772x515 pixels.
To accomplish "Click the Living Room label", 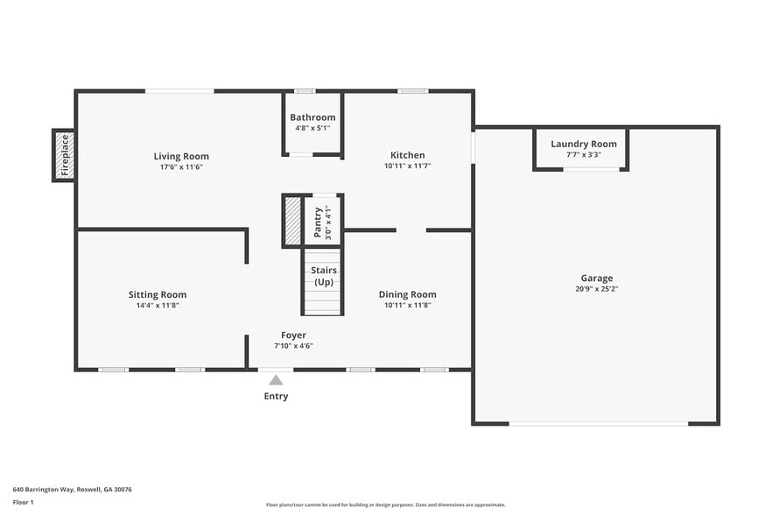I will [x=181, y=157].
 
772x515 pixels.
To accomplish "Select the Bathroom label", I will [x=312, y=117].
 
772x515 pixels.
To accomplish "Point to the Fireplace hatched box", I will [x=64, y=156].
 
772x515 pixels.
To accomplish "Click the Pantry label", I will [x=318, y=222].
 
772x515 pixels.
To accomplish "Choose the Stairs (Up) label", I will [x=324, y=276].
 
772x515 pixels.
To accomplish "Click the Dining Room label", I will [x=407, y=294].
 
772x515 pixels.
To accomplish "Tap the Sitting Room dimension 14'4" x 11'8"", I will [x=157, y=306].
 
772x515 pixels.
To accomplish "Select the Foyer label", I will [x=293, y=335].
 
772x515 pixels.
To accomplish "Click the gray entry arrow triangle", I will [x=276, y=380].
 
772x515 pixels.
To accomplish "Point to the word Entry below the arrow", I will [x=276, y=397].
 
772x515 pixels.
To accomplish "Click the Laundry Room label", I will [x=583, y=144].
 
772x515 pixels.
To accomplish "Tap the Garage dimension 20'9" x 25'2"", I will [x=597, y=289].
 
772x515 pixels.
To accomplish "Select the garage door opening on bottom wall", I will [x=599, y=424].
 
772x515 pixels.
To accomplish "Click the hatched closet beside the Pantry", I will [x=291, y=221].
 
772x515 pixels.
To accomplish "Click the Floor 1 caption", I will [x=23, y=502].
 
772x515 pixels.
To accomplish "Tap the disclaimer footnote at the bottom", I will [x=385, y=504].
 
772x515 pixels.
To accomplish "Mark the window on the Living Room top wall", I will [x=179, y=91].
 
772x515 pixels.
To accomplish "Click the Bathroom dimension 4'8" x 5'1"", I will [x=312, y=129].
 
